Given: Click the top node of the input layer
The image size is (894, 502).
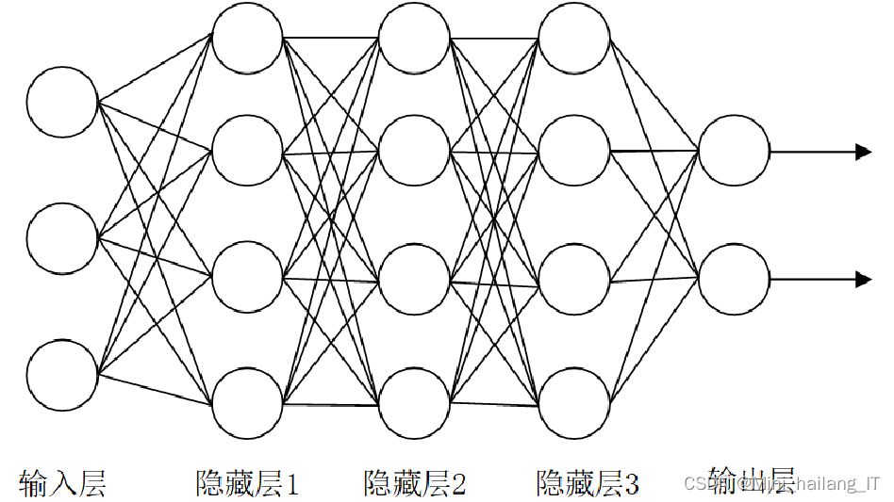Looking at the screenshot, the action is [62, 101].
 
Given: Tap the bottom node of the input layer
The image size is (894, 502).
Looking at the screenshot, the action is [62, 376].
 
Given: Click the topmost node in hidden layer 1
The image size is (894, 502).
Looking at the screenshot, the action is [247, 38].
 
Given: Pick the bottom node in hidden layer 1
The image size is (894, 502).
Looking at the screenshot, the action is [247, 405].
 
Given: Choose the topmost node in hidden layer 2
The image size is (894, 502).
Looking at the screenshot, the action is [414, 38].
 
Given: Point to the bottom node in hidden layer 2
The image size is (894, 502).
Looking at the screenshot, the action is [414, 405].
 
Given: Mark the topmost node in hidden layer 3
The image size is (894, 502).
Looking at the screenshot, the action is [574, 38].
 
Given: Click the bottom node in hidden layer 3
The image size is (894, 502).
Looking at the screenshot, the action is [574, 405].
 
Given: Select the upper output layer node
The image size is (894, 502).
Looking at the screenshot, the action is [735, 151].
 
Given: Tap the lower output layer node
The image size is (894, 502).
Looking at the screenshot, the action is [735, 279].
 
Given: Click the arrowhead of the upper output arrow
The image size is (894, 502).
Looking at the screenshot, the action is [863, 151].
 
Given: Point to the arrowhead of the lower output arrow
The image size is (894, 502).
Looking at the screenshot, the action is [863, 279].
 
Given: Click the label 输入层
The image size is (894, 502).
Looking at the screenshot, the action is [62, 483].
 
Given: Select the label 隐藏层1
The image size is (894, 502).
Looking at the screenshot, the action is [247, 483].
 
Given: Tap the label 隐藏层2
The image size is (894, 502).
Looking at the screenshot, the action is [415, 483].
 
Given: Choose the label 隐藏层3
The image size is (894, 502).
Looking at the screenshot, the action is [588, 483].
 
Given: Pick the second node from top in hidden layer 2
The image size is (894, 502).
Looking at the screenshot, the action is [414, 151].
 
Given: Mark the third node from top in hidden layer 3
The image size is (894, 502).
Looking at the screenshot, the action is [574, 279].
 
